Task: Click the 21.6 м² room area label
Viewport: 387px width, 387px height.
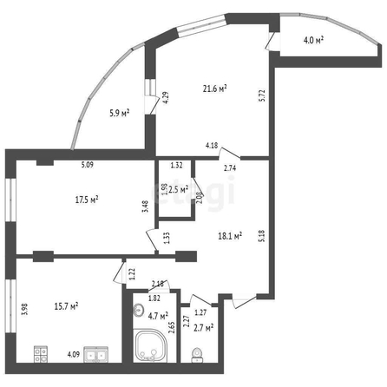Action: point(214,89)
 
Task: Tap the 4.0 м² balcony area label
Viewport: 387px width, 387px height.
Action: point(313,40)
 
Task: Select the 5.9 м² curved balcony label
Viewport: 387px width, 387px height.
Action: point(119,113)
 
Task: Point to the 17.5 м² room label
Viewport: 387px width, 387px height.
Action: point(87,200)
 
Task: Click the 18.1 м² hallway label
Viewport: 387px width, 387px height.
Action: point(230,236)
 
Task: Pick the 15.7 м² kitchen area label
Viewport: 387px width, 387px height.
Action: point(67,306)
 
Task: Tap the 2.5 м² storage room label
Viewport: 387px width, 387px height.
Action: point(179,190)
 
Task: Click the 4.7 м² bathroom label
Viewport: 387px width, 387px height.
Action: point(158,316)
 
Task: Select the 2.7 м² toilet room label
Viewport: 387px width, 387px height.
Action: point(204,328)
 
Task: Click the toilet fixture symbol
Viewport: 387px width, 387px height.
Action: point(197,355)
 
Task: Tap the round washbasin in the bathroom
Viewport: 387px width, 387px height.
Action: point(139,310)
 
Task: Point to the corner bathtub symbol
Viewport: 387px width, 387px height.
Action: point(150,345)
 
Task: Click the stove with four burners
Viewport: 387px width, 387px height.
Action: point(41,354)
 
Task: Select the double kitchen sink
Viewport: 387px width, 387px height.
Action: point(96,354)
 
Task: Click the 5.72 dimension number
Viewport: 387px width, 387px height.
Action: point(262,95)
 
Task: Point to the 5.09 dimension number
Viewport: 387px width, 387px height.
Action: point(87,165)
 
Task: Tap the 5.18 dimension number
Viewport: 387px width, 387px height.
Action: point(262,236)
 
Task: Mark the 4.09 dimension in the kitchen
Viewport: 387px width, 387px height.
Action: point(74,354)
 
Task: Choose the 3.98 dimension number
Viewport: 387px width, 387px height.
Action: point(25,309)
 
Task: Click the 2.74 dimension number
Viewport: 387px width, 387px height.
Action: point(230,168)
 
